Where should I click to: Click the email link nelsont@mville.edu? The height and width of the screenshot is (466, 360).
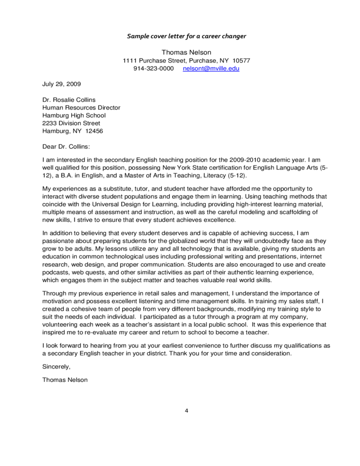[211, 69]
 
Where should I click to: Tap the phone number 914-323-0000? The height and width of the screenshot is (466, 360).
[154, 69]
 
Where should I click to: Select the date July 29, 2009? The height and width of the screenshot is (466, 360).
[62, 84]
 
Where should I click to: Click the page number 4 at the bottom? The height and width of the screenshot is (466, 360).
[187, 410]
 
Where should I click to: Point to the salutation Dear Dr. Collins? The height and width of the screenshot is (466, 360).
[67, 146]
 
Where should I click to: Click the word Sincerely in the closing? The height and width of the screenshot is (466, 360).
[57, 367]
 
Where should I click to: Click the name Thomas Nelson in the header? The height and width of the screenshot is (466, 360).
[186, 52]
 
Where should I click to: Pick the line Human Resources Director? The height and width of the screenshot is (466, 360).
[81, 107]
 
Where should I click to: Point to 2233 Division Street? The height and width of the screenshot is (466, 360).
[71, 123]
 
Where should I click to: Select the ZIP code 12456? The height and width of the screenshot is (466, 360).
[94, 131]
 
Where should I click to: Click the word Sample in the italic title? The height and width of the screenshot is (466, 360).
[137, 36]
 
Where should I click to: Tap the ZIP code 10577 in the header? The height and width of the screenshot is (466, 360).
[242, 61]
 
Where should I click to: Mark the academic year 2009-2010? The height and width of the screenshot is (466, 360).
[246, 160]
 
